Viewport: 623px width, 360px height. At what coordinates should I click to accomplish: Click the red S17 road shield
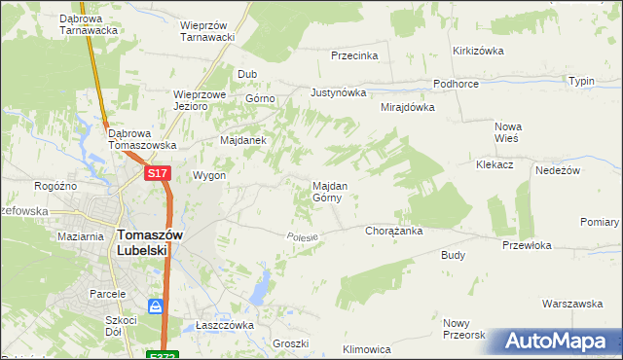159,173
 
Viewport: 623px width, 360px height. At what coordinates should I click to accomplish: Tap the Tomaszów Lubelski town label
143,241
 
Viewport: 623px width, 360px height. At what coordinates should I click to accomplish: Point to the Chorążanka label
392,232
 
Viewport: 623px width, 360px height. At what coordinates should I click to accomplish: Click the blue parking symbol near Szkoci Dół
156,307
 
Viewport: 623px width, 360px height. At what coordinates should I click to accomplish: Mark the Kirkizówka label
476,51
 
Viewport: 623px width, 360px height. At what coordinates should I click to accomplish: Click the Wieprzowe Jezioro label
200,101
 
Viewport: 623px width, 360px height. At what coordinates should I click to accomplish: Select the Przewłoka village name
527,246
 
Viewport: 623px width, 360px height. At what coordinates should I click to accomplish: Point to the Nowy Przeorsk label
463,329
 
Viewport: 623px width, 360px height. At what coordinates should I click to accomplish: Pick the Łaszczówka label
224,325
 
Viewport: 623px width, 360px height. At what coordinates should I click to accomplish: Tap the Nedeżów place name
558,170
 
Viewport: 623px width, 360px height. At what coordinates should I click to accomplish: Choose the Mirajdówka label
407,107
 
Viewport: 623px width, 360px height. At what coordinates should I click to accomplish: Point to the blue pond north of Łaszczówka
260,287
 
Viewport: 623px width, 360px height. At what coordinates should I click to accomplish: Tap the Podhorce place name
456,85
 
